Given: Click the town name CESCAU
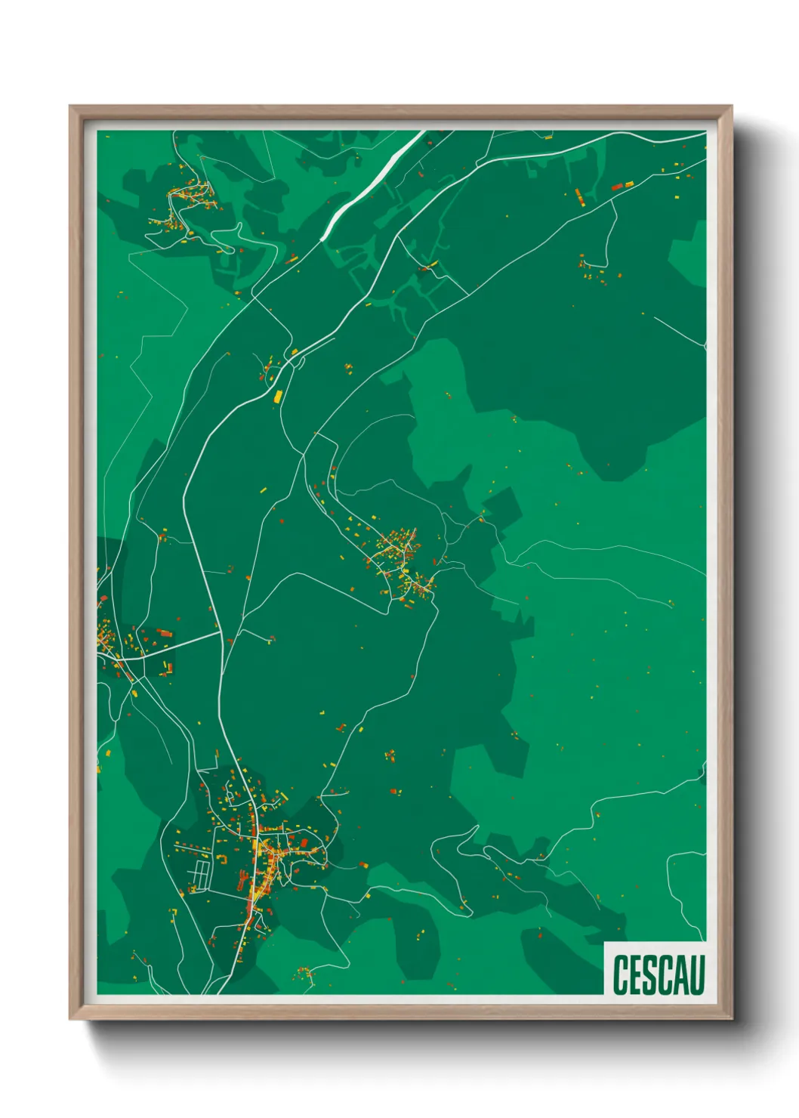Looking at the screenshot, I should (659, 974).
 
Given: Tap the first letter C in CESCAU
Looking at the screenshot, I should (621, 974).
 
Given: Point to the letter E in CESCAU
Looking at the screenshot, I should (636, 974).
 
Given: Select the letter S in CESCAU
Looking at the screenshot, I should (650, 974).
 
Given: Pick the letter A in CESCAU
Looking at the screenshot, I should (681, 974).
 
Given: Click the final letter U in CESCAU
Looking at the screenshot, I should (697, 974).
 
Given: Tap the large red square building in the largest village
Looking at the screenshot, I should (165, 633).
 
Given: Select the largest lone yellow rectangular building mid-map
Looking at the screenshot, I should (277, 395).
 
